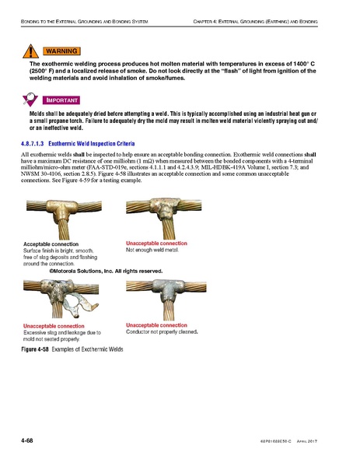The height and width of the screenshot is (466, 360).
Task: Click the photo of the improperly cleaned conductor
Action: (164, 299)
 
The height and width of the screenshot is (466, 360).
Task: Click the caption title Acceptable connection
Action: (53, 244)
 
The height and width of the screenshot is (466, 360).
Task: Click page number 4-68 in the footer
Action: (31, 441)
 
